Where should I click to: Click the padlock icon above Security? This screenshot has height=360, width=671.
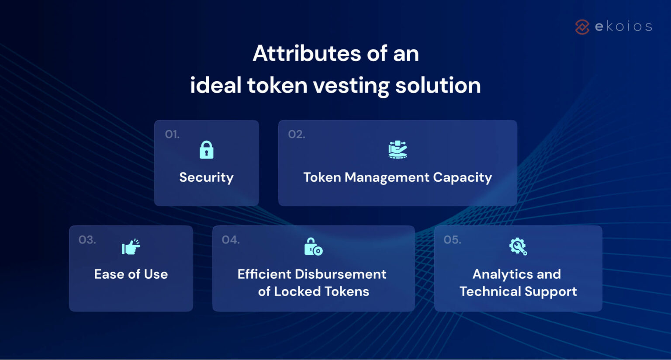[206, 150]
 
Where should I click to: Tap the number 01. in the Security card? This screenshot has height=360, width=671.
[172, 134]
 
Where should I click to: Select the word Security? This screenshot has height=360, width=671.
[206, 177]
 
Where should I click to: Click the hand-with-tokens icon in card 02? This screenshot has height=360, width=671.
[398, 150]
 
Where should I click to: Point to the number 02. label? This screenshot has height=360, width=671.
[297, 134]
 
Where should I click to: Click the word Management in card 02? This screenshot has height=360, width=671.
[387, 177]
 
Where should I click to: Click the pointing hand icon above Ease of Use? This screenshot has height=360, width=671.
[131, 247]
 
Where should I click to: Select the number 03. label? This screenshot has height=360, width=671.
[87, 240]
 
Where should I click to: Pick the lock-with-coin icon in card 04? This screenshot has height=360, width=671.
[313, 247]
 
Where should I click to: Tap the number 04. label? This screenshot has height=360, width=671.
[231, 240]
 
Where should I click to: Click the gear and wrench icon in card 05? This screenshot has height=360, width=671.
[518, 246]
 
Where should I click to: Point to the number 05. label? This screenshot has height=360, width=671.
[452, 240]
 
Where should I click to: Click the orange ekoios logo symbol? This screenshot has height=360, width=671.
[582, 27]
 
